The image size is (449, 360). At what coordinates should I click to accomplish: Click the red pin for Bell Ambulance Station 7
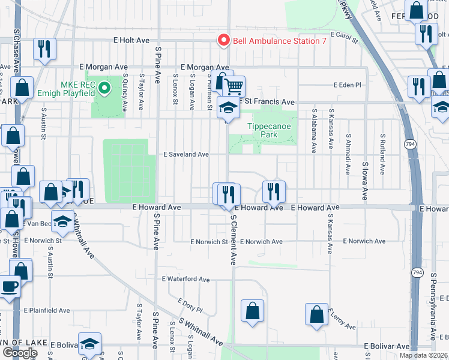click(x=224, y=41)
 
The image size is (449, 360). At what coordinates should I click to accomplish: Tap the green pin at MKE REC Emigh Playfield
click(x=104, y=89)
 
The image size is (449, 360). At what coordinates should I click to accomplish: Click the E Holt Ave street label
click(x=131, y=40)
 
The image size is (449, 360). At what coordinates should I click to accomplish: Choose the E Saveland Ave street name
click(x=186, y=154)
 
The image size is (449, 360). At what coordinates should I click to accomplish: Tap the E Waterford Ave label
click(x=185, y=280)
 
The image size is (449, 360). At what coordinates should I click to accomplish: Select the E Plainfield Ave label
click(x=47, y=311)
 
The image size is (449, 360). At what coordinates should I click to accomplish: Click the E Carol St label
click(x=343, y=38)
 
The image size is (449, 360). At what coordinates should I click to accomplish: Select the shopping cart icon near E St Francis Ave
click(x=234, y=86)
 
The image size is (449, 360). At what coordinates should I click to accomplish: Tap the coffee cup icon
click(x=10, y=286)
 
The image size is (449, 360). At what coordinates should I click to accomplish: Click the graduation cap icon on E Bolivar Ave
click(x=89, y=343)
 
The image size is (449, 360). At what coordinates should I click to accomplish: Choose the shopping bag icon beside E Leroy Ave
click(x=316, y=314)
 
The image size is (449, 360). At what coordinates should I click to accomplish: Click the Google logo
click(x=20, y=353)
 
